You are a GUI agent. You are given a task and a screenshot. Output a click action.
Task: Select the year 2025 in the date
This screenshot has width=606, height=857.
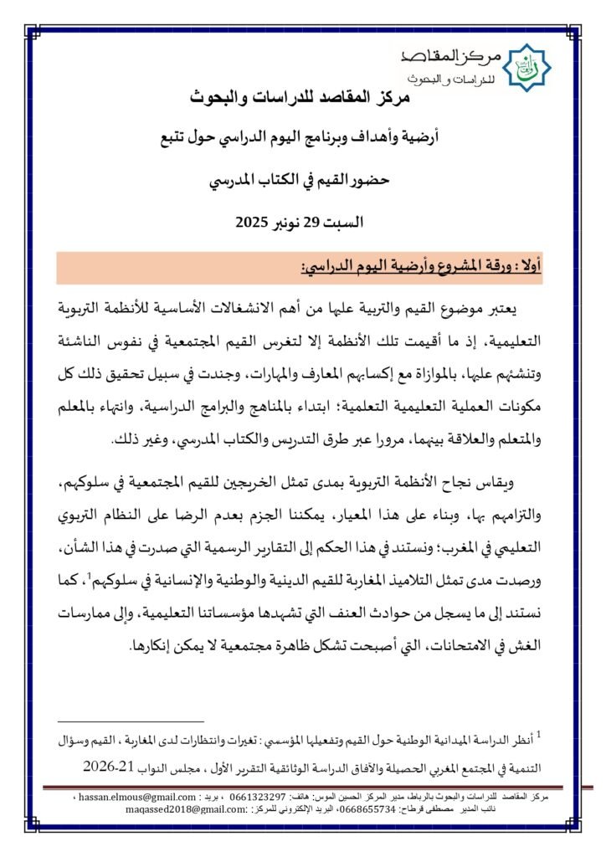coord(249,223)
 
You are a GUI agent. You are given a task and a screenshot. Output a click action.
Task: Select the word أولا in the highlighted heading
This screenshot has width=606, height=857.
coord(529,268)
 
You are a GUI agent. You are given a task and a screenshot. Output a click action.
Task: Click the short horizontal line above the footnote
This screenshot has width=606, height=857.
coord(131,721)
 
